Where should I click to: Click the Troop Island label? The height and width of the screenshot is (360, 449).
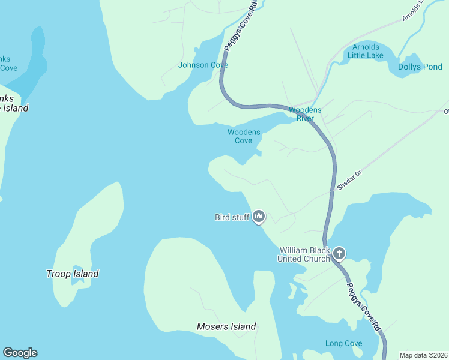73,274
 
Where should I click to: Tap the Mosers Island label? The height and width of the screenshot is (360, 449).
226,326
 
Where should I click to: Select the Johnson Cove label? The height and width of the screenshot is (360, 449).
203,65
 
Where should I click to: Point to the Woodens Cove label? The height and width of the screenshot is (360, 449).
244,136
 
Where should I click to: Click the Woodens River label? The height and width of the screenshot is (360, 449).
305,114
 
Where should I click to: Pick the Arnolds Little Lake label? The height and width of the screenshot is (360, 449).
366,51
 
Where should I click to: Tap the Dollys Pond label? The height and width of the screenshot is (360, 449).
420,67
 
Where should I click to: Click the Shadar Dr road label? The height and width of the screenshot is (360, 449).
349,181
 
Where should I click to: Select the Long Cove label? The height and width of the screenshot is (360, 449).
343,343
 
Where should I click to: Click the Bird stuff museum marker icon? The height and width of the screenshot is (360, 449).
259,216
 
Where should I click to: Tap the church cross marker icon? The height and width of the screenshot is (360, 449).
339,253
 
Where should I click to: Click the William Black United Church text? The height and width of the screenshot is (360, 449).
304,254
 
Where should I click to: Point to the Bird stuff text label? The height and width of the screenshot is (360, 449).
232,217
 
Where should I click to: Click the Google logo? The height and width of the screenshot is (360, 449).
20,353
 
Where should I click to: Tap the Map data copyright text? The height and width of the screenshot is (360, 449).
423,355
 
